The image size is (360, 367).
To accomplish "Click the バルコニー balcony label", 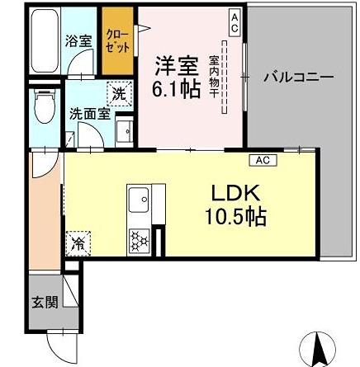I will (298, 78).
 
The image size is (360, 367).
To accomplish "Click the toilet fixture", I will (45, 106).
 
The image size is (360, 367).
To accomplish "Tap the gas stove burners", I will (137, 239).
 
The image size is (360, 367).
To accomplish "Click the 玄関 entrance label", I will (45, 303).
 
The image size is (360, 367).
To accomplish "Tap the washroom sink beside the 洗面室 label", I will (126, 131).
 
